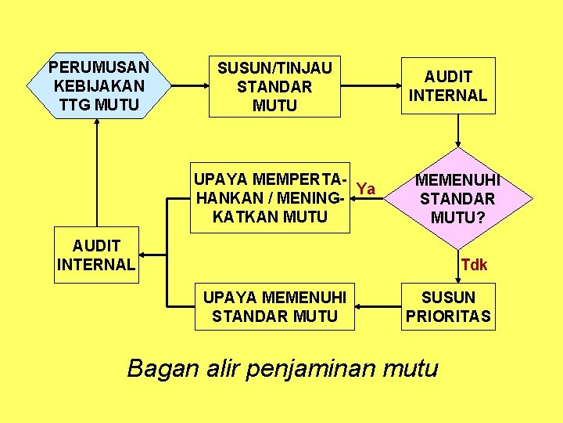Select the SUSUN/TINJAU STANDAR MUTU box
(x=274, y=86)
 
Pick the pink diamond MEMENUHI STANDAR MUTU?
(x=457, y=199)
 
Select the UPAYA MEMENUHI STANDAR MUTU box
(x=274, y=306)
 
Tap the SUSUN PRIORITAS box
(x=448, y=306)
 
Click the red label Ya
(x=365, y=189)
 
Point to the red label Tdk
(x=474, y=265)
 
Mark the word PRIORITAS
(x=448, y=316)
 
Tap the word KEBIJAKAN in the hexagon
(x=98, y=85)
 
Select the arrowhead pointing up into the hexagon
(x=98, y=125)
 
